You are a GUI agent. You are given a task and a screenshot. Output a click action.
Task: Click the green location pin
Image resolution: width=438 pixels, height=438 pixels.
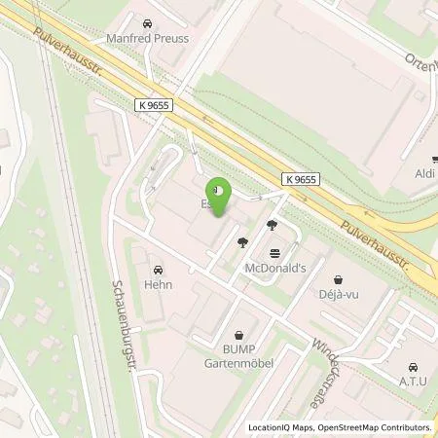(219, 198)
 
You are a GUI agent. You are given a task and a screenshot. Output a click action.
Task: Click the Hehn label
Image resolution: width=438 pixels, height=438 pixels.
(158, 286)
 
